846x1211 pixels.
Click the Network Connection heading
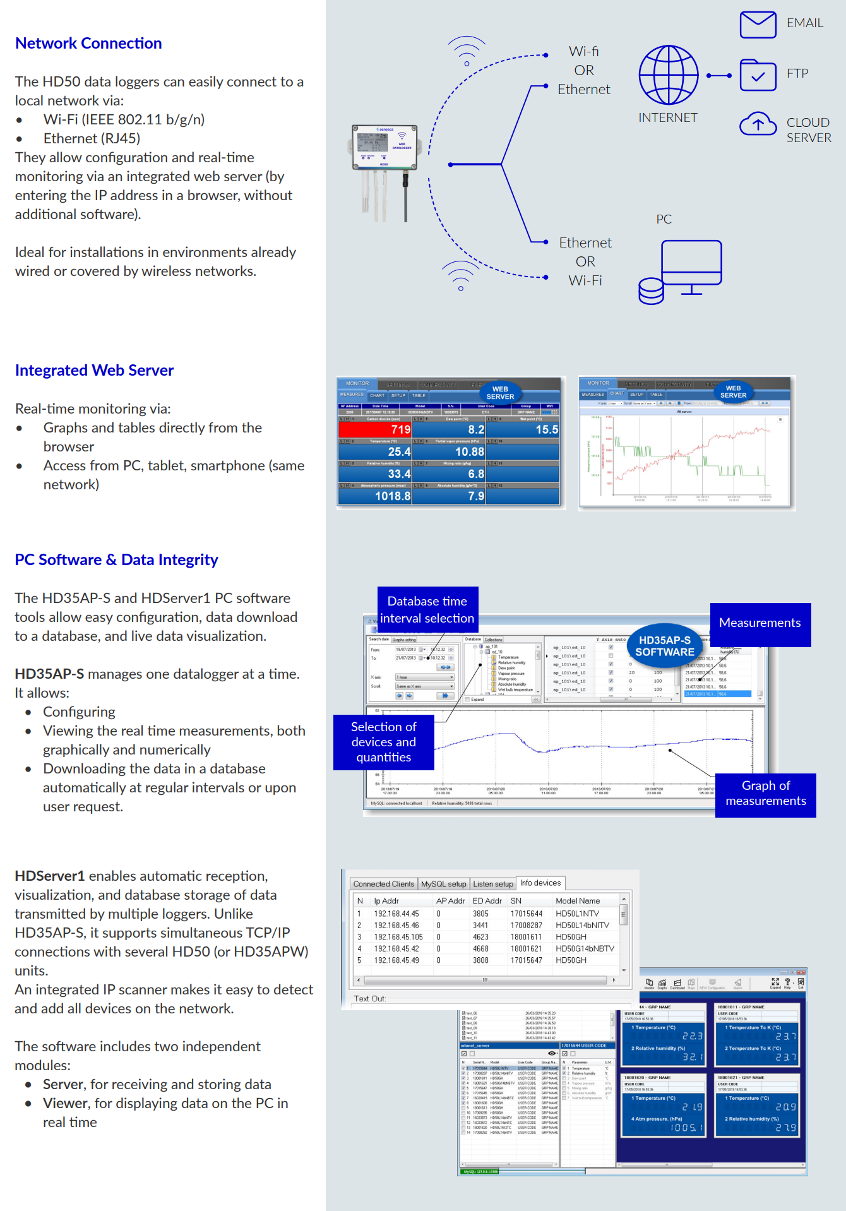[88, 44]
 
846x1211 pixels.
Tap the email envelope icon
[758, 25]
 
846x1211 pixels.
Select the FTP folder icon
[758, 75]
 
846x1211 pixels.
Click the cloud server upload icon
[758, 124]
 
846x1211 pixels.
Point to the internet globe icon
[668, 75]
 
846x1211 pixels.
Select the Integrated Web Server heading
[94, 371]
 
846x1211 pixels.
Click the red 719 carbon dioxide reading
[375, 429]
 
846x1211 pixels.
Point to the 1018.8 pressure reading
[392, 496]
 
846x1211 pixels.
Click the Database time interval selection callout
[427, 609]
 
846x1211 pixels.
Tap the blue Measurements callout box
[760, 624]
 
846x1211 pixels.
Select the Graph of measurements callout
[765, 794]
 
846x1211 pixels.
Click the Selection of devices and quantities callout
[383, 742]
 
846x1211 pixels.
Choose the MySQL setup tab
[443, 884]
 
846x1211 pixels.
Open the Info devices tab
[540, 883]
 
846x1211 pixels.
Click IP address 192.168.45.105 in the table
[398, 937]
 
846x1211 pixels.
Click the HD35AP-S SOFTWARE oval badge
[664, 646]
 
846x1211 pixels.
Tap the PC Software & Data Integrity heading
[116, 560]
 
